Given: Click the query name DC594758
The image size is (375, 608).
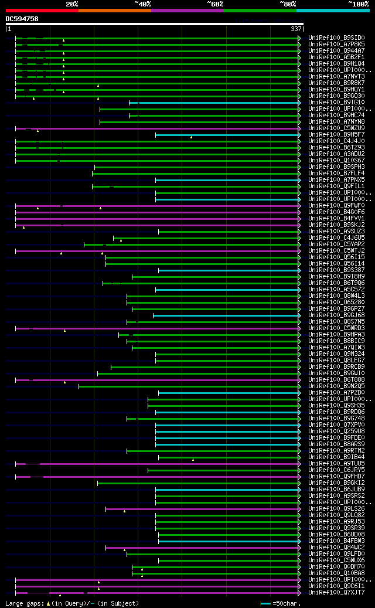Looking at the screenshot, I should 22,19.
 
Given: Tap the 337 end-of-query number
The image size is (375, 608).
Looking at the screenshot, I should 296,28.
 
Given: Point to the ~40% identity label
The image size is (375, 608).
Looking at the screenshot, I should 142,4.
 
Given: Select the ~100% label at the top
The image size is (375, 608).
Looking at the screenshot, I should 358,4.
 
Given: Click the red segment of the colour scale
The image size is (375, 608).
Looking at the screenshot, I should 42,11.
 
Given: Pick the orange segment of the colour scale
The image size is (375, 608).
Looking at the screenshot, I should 114,11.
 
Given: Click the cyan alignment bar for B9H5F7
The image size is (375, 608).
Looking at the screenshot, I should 229,135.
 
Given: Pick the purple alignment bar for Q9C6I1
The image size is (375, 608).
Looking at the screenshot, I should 176,586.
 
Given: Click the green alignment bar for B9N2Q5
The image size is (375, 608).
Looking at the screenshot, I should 187,386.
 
